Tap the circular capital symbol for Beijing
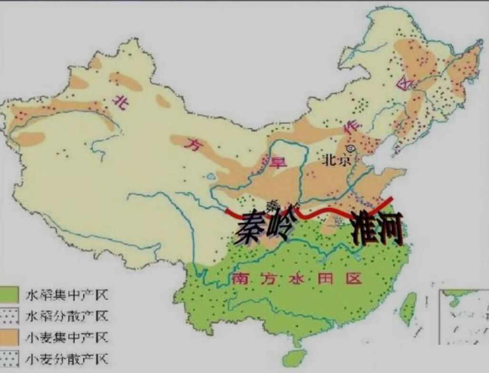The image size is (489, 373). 351,149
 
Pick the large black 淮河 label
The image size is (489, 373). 377,227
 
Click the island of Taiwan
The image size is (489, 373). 408,308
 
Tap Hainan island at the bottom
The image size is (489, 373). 295,357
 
